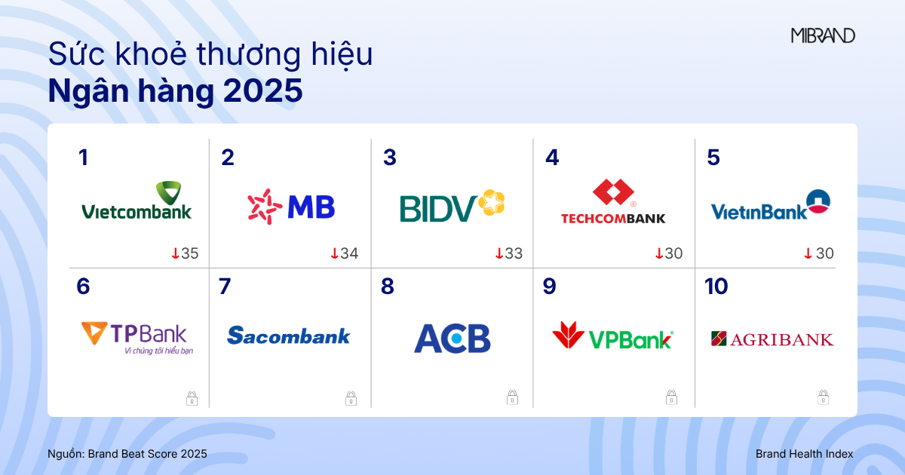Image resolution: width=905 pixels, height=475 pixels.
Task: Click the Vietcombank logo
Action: click(x=137, y=201)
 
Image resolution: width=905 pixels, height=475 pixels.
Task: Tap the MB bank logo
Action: click(x=291, y=207)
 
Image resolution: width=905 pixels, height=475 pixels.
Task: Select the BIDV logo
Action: click(x=452, y=206)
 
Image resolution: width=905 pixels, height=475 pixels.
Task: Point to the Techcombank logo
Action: click(x=613, y=201)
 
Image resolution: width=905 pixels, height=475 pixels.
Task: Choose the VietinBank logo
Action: click(x=771, y=205)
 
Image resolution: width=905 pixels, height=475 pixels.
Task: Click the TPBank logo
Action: click(x=137, y=339)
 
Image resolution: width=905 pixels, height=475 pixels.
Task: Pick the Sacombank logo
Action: click(x=288, y=336)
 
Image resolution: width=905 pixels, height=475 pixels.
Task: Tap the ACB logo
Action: click(x=452, y=338)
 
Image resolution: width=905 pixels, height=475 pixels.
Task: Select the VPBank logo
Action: click(x=613, y=336)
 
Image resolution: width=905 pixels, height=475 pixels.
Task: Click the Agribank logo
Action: click(x=772, y=339)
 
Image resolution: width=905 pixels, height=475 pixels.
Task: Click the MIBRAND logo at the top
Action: click(x=823, y=35)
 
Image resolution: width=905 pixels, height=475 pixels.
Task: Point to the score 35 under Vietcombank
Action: click(x=189, y=253)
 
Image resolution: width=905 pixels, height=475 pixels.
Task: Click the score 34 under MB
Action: click(x=349, y=253)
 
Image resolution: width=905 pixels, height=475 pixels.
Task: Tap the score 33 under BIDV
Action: click(x=514, y=253)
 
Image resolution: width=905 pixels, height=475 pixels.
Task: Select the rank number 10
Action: click(x=716, y=287)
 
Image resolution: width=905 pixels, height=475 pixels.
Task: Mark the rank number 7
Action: click(x=225, y=287)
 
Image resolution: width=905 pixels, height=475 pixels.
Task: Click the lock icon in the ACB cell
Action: click(x=512, y=397)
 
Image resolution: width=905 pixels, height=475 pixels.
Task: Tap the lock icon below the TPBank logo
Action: click(x=192, y=398)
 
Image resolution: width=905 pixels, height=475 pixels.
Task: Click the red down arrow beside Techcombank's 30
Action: click(x=659, y=253)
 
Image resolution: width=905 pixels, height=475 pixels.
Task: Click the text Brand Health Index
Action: click(x=804, y=454)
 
